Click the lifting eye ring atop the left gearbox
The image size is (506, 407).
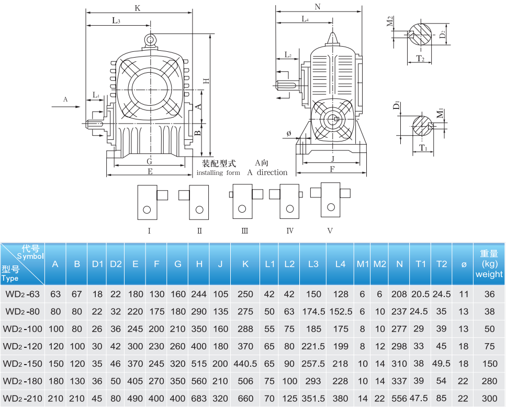pyautogui.click(x=150, y=39)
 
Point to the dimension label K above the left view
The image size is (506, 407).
pyautogui.click(x=137, y=8)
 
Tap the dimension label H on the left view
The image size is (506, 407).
pyautogui.click(x=206, y=81)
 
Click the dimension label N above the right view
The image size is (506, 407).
pyautogui.click(x=318, y=7)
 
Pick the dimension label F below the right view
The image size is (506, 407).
pyautogui.click(x=332, y=169)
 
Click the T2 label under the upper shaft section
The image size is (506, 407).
pyautogui.click(x=420, y=58)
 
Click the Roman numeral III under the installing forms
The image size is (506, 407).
pyautogui.click(x=244, y=230)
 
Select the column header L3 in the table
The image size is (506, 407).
pyautogui.click(x=313, y=264)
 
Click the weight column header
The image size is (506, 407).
pyautogui.click(x=489, y=264)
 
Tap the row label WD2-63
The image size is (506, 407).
pyautogui.click(x=23, y=294)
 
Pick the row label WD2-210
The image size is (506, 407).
pyautogui.click(x=23, y=398)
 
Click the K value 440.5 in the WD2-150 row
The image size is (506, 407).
pyautogui.click(x=245, y=364)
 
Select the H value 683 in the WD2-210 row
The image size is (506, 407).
pyautogui.click(x=199, y=398)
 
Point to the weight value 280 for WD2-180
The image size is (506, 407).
pyautogui.click(x=489, y=381)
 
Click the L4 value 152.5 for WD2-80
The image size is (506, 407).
pyautogui.click(x=340, y=312)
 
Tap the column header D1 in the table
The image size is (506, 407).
pyautogui.click(x=97, y=264)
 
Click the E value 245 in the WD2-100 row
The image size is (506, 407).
pyautogui.click(x=136, y=329)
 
